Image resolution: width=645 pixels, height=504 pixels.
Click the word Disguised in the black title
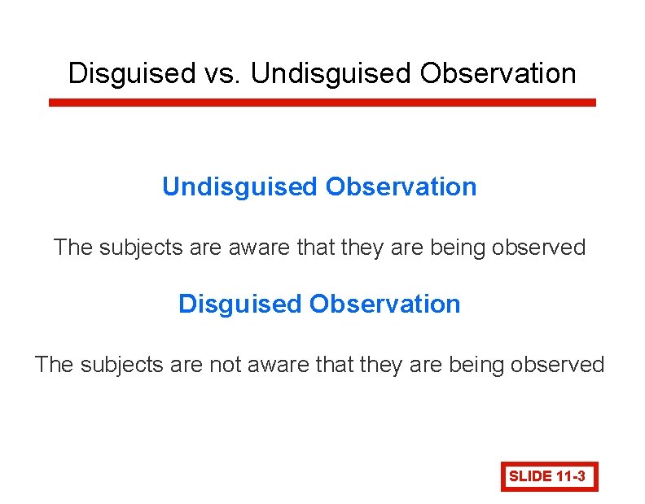coord(129,73)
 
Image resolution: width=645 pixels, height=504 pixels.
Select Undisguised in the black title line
coord(331,73)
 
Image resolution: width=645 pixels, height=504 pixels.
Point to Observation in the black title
coord(498,73)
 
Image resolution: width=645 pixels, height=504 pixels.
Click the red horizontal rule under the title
coord(322,103)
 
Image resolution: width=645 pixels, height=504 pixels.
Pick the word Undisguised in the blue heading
coord(240,186)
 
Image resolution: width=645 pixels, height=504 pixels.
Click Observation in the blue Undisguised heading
coord(401,186)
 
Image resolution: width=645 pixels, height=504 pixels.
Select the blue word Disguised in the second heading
coord(239,304)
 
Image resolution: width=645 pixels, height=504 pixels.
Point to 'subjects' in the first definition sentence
coord(131,247)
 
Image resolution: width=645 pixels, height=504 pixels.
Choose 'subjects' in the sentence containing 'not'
coord(112,364)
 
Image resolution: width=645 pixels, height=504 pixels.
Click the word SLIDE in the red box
coord(530,476)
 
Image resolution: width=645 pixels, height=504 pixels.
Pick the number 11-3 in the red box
coord(572,476)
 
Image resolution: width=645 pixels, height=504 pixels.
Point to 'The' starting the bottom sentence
coord(54,364)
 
